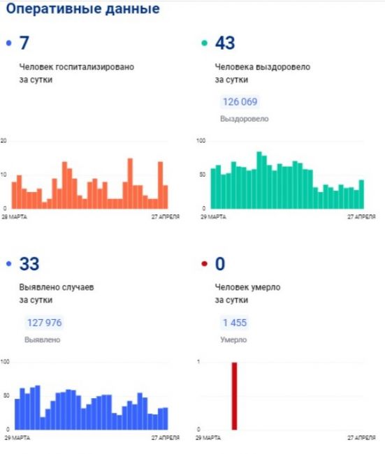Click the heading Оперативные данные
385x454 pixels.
pyautogui.click(x=83, y=8)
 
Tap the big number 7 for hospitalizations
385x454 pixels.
pyautogui.click(x=24, y=43)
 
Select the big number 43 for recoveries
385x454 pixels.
pyautogui.click(x=225, y=43)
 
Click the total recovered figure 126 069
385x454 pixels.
pyautogui.click(x=240, y=102)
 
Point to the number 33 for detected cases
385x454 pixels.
pyautogui.click(x=29, y=264)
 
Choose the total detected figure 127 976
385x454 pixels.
pyautogui.click(x=44, y=323)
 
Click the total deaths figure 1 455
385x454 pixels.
pyautogui.click(x=235, y=323)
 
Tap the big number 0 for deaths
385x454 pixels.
pyautogui.click(x=220, y=264)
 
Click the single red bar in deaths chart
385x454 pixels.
pyautogui.click(x=234, y=396)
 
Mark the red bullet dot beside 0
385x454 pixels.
pyautogui.click(x=204, y=263)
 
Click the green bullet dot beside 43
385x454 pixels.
pyautogui.click(x=204, y=43)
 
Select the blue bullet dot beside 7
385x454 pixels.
pyautogui.click(x=8, y=43)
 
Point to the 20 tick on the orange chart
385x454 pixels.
pyautogui.click(x=3, y=140)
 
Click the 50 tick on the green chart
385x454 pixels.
pyautogui.click(x=202, y=175)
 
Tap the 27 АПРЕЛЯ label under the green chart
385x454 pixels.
pyautogui.click(x=361, y=217)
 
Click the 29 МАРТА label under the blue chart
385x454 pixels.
pyautogui.click(x=17, y=437)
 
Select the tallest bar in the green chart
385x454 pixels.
pyautogui.click(x=259, y=180)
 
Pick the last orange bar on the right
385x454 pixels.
pyautogui.click(x=166, y=197)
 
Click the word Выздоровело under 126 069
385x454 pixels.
pyautogui.click(x=245, y=119)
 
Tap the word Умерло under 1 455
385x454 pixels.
pyautogui.click(x=233, y=339)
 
